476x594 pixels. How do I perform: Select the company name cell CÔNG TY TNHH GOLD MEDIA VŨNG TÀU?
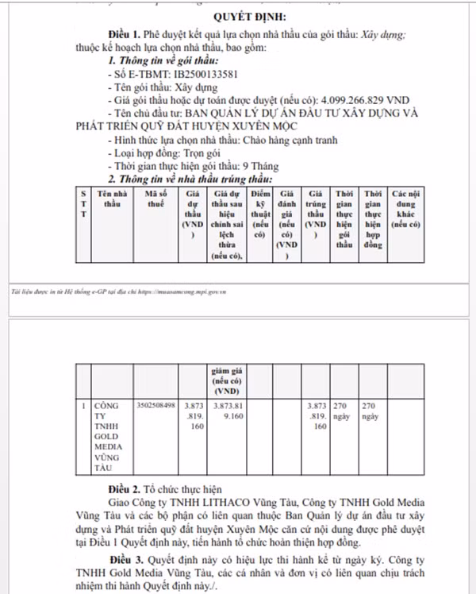106,436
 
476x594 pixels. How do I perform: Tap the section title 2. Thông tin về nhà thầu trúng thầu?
190,179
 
